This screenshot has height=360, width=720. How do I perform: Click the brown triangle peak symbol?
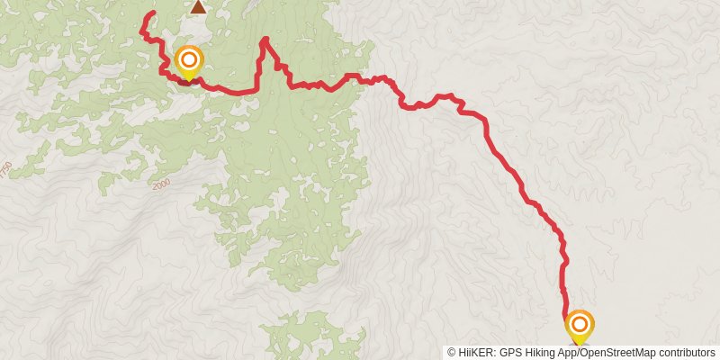pyautogui.click(x=197, y=7)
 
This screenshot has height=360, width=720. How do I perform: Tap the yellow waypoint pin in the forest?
pyautogui.click(x=189, y=61)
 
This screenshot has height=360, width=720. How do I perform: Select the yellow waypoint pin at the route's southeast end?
pyautogui.click(x=580, y=324)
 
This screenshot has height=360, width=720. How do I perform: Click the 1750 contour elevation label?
pyautogui.click(x=7, y=168)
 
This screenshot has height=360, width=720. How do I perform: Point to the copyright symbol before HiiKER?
pyautogui.click(x=453, y=352)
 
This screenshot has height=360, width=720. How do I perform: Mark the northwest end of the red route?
pyautogui.click(x=153, y=13)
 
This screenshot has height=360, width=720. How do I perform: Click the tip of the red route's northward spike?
pyautogui.click(x=265, y=39)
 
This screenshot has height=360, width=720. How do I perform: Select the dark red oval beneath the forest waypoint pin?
pyautogui.click(x=188, y=82)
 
